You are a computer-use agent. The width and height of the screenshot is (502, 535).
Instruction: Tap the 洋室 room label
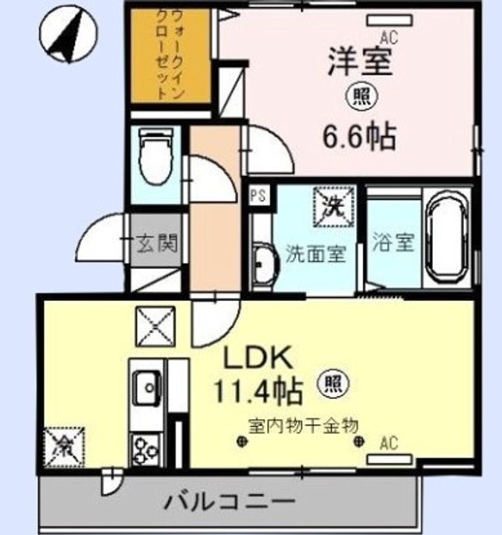pyautogui.click(x=360, y=62)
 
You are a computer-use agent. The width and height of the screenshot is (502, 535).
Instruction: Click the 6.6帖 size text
pyautogui.click(x=360, y=137)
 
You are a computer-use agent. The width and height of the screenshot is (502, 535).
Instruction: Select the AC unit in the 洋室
pyautogui.click(x=389, y=21)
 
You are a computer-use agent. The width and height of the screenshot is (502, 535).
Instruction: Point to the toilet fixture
pyautogui.click(x=156, y=155)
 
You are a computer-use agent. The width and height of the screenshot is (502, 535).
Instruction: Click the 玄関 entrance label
pyautogui.click(x=158, y=243)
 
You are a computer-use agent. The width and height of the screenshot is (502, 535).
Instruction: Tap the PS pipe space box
pyautogui.click(x=259, y=195)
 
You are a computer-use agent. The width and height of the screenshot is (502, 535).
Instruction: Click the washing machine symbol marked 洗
pyautogui.click(x=335, y=207)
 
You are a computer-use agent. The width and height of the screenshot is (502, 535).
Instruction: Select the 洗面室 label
pyautogui.click(x=316, y=254)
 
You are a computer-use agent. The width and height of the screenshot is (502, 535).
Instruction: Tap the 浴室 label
pyautogui.click(x=393, y=242)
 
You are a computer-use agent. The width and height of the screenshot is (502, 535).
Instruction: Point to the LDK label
pyautogui.click(x=258, y=357)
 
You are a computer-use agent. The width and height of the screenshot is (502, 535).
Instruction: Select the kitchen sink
pyautogui.click(x=147, y=388)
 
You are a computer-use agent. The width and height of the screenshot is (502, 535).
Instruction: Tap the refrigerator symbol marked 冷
pyautogui.click(x=64, y=447)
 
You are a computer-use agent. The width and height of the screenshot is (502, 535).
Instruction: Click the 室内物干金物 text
pyautogui.click(x=303, y=426)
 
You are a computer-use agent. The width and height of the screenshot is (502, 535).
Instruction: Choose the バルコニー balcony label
pyautogui.click(x=230, y=502)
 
